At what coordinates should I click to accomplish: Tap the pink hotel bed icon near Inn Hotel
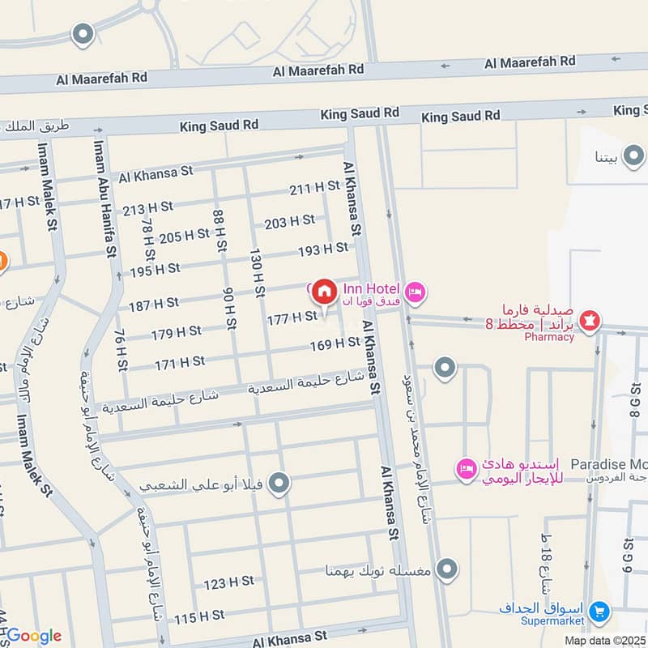tap(415, 292)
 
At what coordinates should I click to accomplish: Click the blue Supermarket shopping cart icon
tap(599, 610)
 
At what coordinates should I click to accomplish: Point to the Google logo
tap(33, 636)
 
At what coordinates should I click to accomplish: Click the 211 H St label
tap(314, 187)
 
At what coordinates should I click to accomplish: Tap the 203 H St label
tap(289, 221)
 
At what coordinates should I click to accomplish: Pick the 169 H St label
tap(335, 344)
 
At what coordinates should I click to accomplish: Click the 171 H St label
tap(180, 364)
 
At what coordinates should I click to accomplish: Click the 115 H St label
tap(198, 618)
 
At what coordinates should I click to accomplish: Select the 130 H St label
tap(258, 272)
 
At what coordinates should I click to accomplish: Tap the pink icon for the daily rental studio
tap(466, 468)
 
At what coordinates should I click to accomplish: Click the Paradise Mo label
tap(608, 464)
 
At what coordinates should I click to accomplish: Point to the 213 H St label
tap(148, 208)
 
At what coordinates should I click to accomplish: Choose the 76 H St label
tap(121, 350)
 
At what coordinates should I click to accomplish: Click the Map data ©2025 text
tap(605, 640)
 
